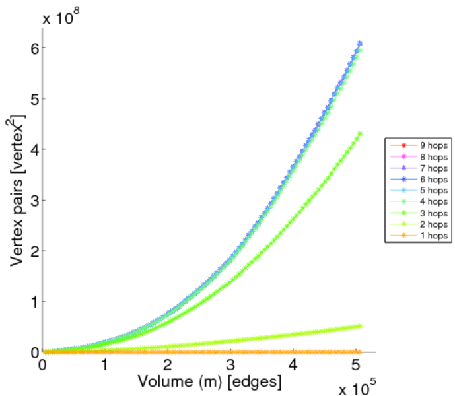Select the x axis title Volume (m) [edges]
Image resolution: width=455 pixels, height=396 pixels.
pyautogui.click(x=209, y=381)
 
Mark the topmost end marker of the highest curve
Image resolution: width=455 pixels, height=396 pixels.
pyautogui.click(x=360, y=44)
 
